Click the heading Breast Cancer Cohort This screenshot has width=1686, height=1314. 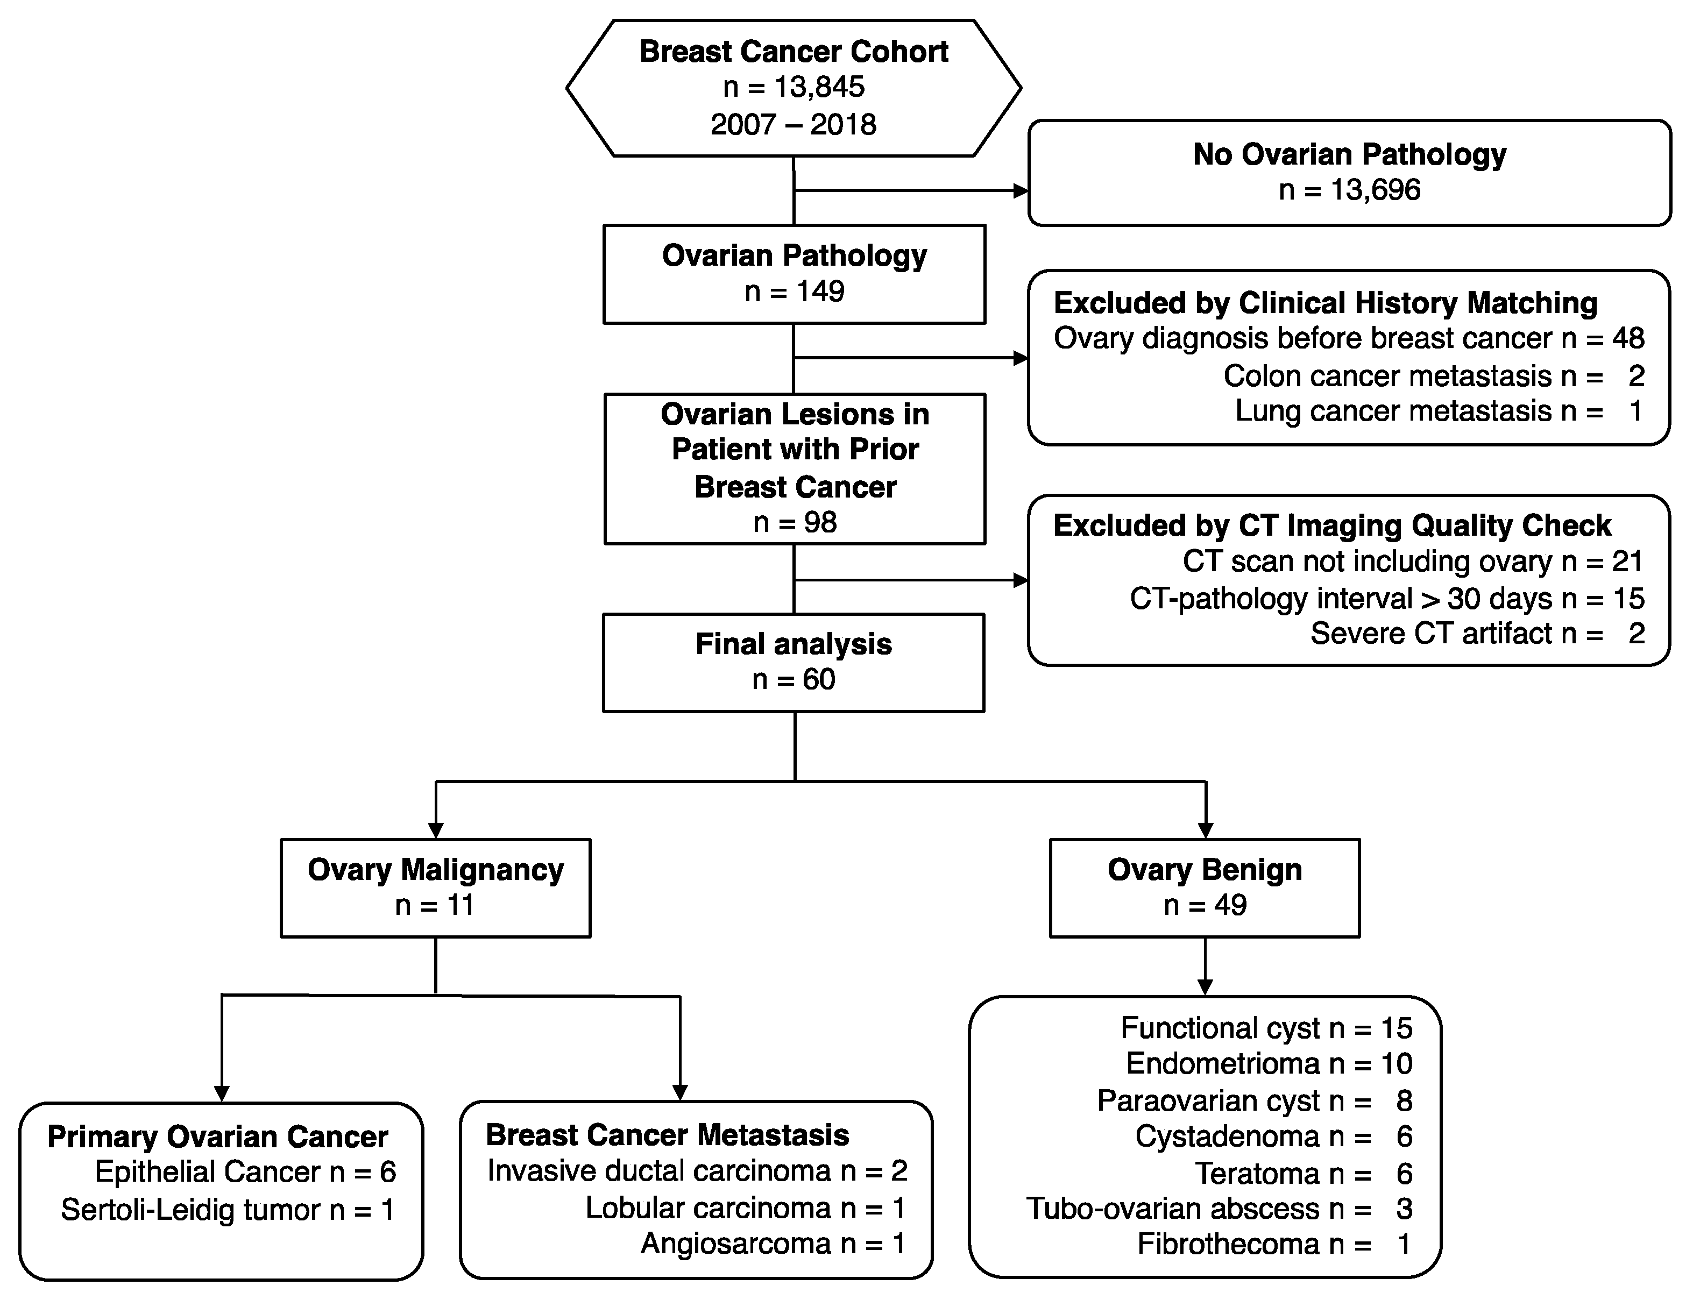point(794,52)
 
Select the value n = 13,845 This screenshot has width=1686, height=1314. point(794,87)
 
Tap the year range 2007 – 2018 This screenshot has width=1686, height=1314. point(794,124)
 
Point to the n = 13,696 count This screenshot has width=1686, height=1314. point(1349,190)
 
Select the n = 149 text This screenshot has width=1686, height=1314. point(794,292)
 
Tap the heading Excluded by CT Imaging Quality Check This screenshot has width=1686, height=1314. point(1331,525)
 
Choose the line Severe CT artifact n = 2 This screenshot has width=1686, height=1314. point(1476,634)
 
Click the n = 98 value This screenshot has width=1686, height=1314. point(795,523)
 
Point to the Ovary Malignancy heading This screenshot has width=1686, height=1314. point(435,870)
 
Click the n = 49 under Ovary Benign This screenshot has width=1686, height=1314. point(1205,905)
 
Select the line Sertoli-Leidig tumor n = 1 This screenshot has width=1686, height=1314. point(228,1210)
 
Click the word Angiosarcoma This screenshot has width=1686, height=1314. point(736,1244)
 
